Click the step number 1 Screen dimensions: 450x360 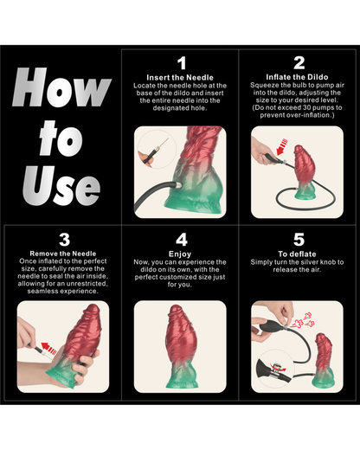(x=181, y=63)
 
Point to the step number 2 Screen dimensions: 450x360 (x=299, y=63)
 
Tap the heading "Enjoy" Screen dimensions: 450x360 (x=181, y=254)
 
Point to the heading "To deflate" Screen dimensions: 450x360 (x=299, y=254)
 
